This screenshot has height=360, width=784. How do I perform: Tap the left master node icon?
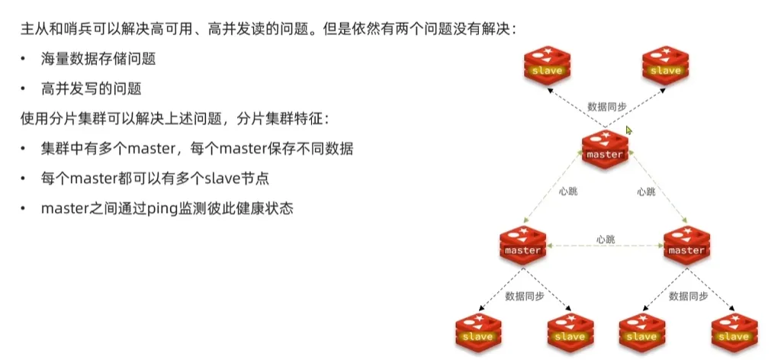coord(523,243)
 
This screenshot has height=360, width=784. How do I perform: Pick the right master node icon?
coord(686,243)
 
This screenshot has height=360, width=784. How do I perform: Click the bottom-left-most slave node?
coord(477,329)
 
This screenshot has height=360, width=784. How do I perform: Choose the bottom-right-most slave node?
coord(734,329)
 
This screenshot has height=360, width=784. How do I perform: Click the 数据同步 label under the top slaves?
coord(606,106)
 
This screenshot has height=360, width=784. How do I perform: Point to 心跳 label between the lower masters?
coord(606,239)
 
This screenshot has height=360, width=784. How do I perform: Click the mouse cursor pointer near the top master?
coord(629,130)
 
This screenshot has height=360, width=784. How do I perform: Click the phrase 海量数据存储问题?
coord(92,59)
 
